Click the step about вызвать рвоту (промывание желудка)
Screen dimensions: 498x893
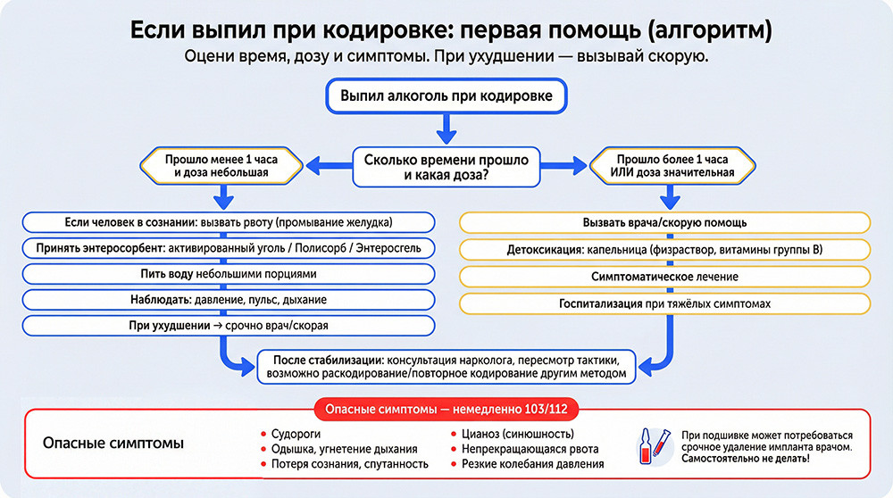pyautogui.click(x=229, y=222)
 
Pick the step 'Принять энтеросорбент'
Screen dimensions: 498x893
pyautogui.click(x=229, y=248)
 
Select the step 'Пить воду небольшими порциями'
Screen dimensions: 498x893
pyautogui.click(x=229, y=274)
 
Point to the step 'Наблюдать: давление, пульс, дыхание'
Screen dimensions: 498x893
pyautogui.click(x=229, y=300)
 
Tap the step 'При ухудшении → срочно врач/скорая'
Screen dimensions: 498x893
pyautogui.click(x=229, y=326)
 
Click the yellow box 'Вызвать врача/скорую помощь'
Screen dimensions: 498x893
pyautogui.click(x=664, y=222)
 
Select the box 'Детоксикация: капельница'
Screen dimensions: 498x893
pyautogui.click(x=664, y=249)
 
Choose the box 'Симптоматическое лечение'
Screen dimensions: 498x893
pyautogui.click(x=664, y=277)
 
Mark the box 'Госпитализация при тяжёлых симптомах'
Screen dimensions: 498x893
pyautogui.click(x=664, y=303)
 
